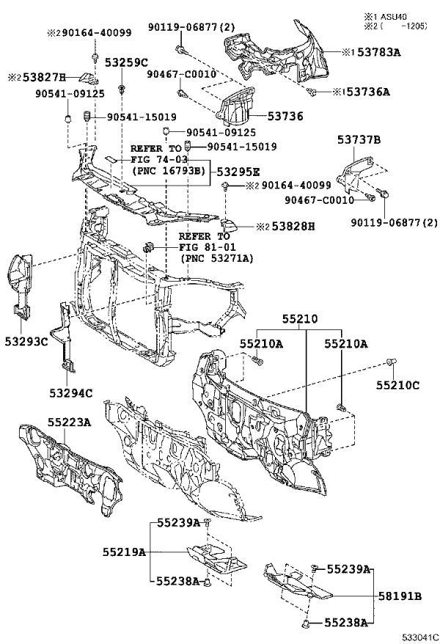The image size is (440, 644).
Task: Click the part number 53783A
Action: (379, 52)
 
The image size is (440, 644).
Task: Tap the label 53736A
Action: (368, 92)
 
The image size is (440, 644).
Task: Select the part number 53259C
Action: (126, 63)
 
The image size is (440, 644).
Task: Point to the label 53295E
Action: (238, 172)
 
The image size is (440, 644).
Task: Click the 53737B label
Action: (359, 140)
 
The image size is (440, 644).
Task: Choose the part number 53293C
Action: (26, 341)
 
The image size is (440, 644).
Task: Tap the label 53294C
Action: (71, 393)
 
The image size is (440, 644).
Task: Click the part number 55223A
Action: (69, 422)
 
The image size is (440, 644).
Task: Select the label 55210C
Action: (398, 385)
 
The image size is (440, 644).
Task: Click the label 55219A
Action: (125, 552)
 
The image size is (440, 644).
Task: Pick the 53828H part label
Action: (293, 227)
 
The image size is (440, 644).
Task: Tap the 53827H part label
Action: (44, 78)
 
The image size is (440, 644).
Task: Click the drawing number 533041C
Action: (420, 637)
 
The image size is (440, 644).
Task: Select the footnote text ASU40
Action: (393, 17)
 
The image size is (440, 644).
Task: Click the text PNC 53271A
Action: (217, 258)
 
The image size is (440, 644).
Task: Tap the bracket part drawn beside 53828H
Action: (229, 225)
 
